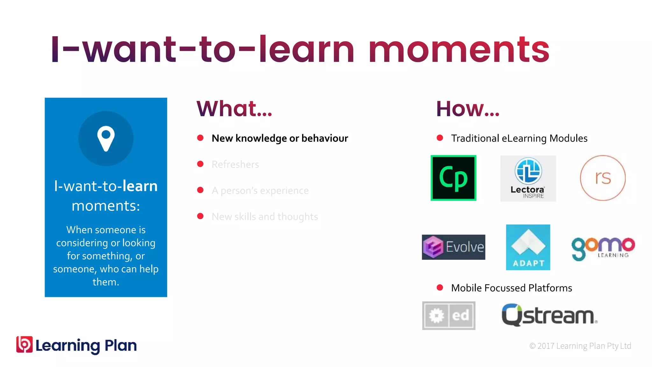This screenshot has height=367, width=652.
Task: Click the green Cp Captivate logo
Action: [x=453, y=178]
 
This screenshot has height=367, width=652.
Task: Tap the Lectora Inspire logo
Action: [x=528, y=178]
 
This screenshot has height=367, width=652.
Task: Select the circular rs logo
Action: [x=603, y=178]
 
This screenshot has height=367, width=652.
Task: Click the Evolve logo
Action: [x=453, y=247]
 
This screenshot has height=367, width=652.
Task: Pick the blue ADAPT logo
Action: [x=528, y=247]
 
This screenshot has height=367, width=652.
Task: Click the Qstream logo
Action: [x=549, y=315]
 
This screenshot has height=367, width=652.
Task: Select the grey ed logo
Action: [x=449, y=315]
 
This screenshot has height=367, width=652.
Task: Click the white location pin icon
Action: [x=106, y=138]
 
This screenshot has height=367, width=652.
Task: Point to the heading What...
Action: [x=234, y=109]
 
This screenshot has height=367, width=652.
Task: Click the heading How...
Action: [x=468, y=109]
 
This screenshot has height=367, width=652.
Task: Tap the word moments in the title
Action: [x=459, y=50]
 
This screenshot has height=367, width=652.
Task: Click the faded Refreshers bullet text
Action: [x=235, y=164]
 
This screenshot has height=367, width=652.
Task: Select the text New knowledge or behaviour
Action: [x=280, y=138]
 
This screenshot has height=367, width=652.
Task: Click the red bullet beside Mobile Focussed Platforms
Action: [x=440, y=288]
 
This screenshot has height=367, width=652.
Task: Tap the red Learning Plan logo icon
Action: [x=25, y=344]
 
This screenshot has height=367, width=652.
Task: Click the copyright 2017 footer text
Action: [x=580, y=346]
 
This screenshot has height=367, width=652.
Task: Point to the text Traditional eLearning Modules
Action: [x=519, y=138]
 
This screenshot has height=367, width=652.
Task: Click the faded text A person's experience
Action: [x=260, y=191]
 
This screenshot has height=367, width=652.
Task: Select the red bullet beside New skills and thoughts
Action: [x=200, y=216]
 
